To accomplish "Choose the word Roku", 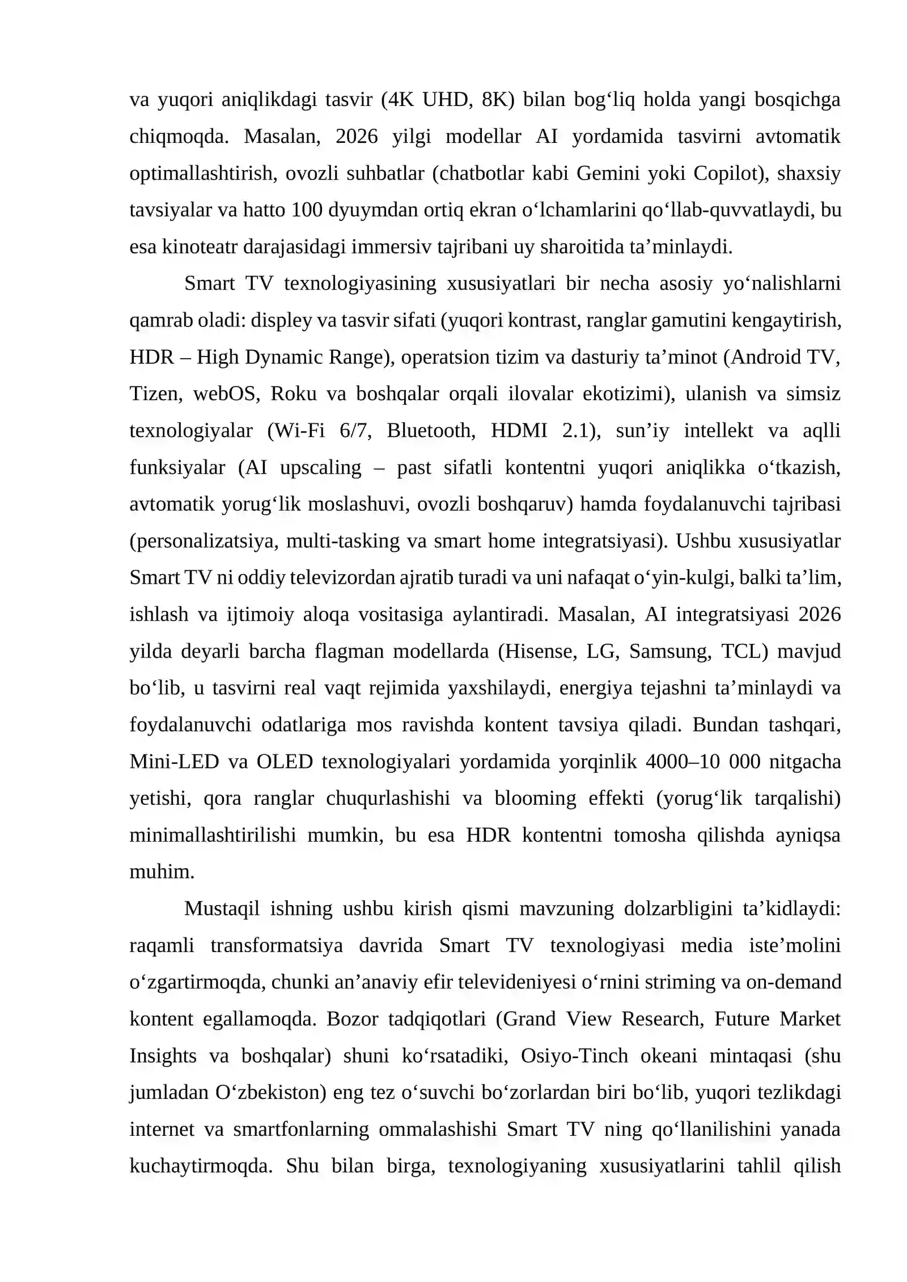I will tap(293, 394).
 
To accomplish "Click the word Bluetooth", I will tap(429, 431).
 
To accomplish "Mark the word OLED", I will tap(285, 762).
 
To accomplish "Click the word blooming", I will tap(535, 799).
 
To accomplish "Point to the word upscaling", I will tap(320, 468).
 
